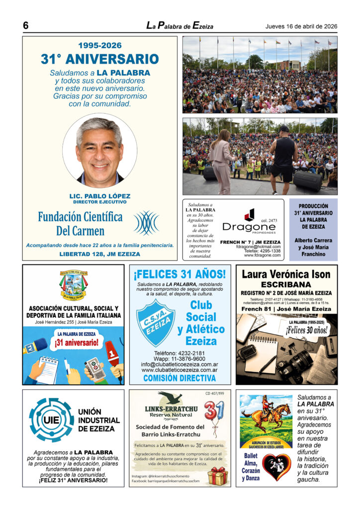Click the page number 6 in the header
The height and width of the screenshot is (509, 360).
25,25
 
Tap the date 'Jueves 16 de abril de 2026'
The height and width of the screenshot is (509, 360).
301,26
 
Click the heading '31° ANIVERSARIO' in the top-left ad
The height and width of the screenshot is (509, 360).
99,59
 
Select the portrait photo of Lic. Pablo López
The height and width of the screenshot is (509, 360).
99,150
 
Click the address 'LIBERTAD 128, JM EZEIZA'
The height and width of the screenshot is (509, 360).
99,254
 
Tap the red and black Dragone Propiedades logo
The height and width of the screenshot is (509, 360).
249,215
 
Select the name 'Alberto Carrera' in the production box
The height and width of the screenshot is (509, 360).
313,240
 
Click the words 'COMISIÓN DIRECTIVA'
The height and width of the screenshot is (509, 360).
180,378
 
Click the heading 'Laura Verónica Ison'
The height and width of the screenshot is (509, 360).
286,274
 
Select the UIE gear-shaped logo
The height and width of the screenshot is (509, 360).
51,420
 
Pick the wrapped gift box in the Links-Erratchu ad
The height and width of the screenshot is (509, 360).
217,476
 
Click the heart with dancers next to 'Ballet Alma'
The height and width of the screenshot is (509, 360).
276,467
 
